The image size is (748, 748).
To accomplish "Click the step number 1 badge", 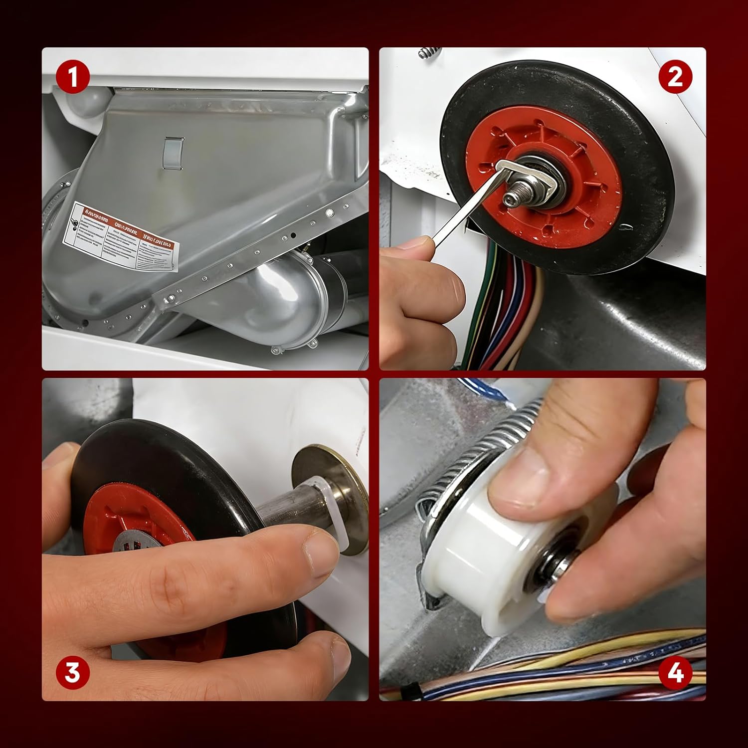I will pos(73,78).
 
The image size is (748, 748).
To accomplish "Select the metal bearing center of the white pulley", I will pos(549,573).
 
